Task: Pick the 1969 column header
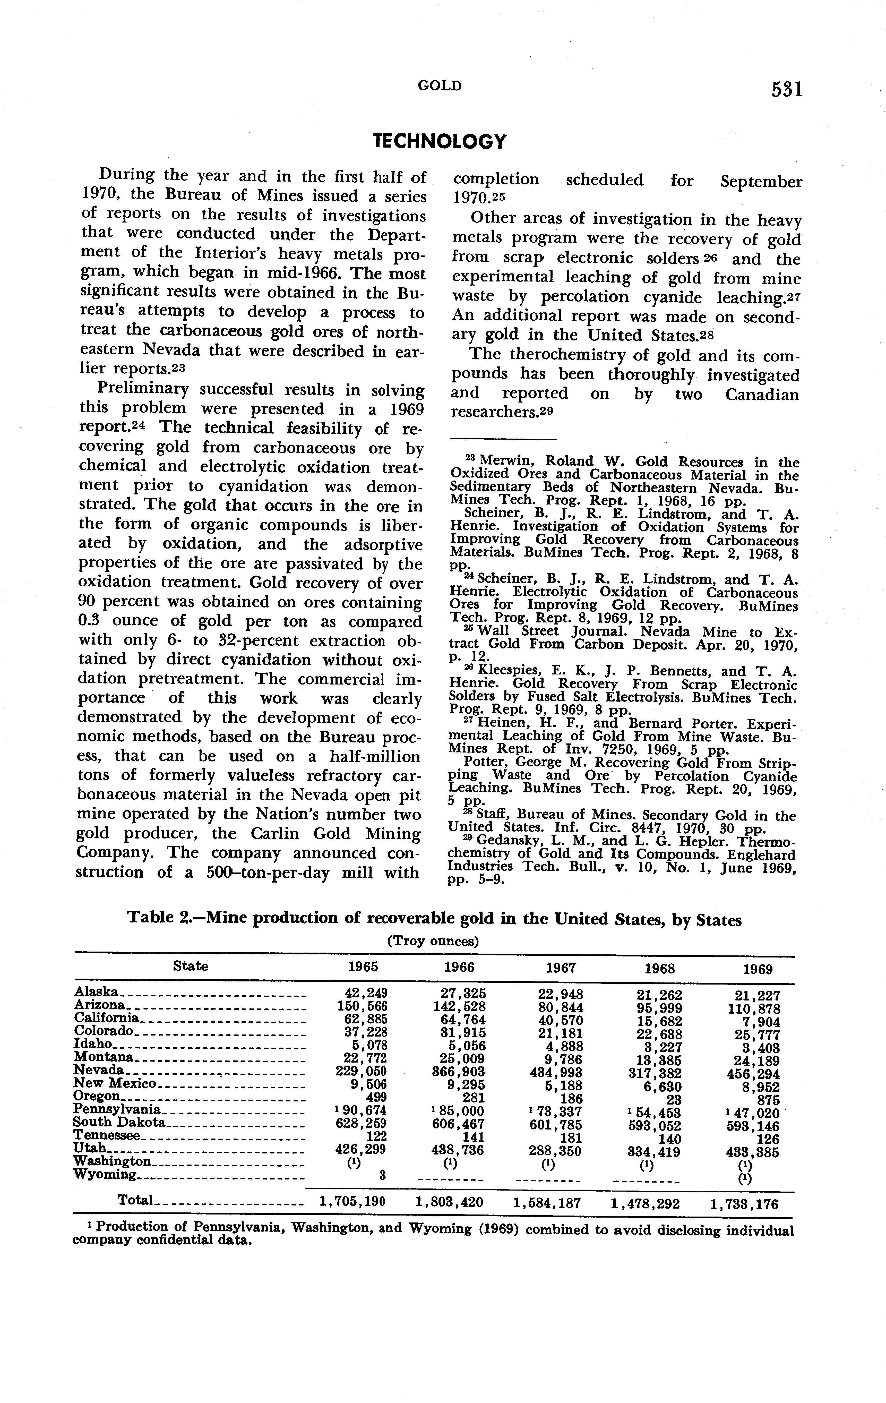[758, 970]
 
